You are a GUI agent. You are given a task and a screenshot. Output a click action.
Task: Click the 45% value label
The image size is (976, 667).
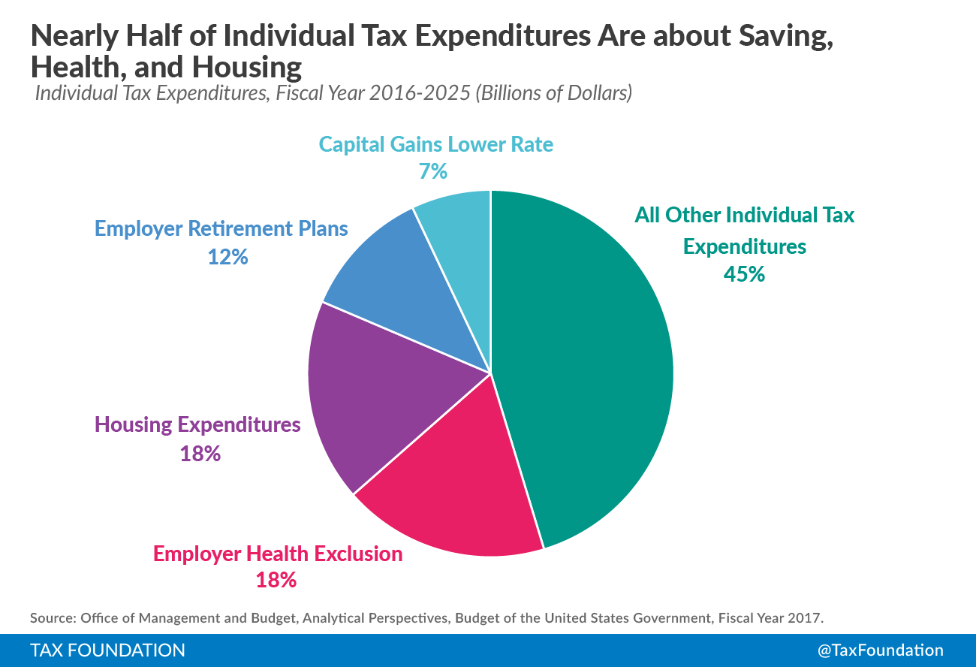744,275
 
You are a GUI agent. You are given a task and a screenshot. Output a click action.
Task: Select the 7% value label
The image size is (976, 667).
433,172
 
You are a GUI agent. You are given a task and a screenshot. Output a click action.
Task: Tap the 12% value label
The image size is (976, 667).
227,257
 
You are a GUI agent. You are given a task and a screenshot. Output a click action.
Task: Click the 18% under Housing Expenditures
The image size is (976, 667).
200,454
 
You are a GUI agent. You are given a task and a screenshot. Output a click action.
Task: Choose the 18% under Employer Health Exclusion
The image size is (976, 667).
276,580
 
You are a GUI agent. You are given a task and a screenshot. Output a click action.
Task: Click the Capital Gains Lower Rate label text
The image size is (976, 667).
435,144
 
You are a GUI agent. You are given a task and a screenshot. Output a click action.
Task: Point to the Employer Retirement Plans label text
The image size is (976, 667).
221,228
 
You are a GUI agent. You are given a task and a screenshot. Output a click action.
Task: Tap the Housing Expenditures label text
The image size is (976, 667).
197,425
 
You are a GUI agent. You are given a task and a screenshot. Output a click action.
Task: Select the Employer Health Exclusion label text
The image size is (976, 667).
278,554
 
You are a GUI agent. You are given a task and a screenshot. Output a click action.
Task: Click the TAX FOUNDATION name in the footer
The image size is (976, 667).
107,650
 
